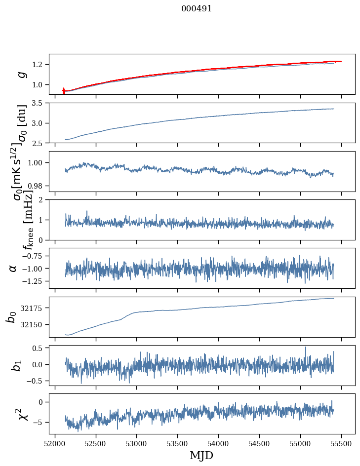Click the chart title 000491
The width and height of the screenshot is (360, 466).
pyautogui.click(x=197, y=9)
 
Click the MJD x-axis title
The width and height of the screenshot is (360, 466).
pyautogui.click(x=201, y=455)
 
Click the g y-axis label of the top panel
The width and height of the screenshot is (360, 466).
pyautogui.click(x=21, y=75)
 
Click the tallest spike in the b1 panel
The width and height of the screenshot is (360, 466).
pyautogui.click(x=305, y=348)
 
